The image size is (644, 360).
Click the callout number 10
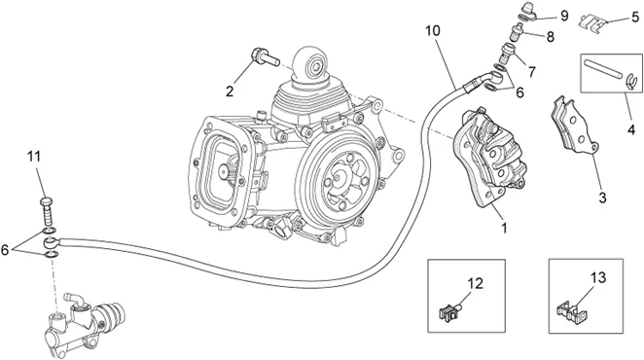point(433,31)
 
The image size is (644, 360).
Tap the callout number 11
point(34,157)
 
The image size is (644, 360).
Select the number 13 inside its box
point(598,277)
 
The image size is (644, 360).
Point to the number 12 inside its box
point(475,283)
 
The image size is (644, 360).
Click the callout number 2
point(230,90)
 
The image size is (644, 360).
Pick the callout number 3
point(602,198)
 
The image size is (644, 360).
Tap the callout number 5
point(635,18)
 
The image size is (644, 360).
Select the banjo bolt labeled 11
point(47,211)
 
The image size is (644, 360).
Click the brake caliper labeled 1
point(489,159)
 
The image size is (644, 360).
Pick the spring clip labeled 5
point(591,21)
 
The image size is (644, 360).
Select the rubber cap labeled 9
point(528,11)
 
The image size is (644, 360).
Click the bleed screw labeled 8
point(517,32)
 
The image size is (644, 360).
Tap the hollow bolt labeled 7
point(507,54)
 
